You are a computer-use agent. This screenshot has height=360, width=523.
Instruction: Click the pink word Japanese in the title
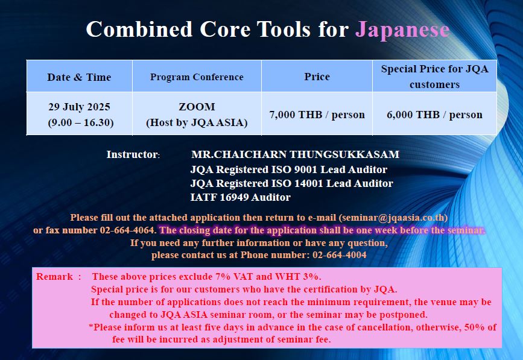[x=402, y=30]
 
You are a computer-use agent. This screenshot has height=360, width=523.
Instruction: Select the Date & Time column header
[x=79, y=77]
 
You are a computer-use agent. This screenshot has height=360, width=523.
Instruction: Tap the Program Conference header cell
[x=197, y=77]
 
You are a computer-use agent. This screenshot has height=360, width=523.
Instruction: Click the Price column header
[x=317, y=77]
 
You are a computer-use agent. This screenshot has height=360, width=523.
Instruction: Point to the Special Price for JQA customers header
[x=434, y=77]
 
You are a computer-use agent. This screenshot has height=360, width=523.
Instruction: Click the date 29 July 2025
[x=80, y=107]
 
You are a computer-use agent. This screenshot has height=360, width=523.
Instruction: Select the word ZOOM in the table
[x=197, y=107]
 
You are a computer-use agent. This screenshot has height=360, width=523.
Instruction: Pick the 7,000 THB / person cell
[x=317, y=115]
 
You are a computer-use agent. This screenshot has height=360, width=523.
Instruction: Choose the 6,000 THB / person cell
[x=434, y=115]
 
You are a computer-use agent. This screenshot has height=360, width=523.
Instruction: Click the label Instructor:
[x=133, y=154]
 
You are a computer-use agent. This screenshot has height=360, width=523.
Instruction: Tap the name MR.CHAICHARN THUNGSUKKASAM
[x=295, y=154]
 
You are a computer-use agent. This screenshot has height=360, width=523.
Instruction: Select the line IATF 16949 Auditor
[x=241, y=197]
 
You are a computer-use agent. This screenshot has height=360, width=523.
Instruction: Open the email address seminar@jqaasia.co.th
[x=393, y=218]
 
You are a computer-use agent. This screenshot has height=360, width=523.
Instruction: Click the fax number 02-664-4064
[x=127, y=230]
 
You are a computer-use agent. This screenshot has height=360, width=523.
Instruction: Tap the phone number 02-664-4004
[x=339, y=255]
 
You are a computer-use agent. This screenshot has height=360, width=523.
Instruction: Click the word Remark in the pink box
[x=54, y=277]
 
